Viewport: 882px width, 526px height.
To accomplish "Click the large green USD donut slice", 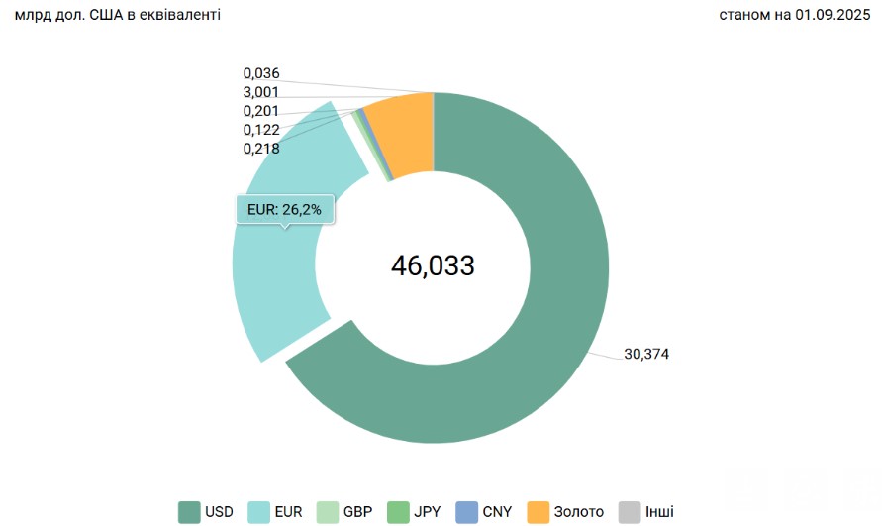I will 554,327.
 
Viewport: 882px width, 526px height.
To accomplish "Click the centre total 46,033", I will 433,265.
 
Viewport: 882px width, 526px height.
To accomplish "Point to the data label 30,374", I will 646,354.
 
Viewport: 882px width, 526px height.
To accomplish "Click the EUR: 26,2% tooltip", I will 285,209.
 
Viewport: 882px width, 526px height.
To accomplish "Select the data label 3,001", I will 261,92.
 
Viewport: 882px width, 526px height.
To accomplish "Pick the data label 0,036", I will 261,73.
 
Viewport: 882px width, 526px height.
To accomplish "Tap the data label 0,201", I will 261,111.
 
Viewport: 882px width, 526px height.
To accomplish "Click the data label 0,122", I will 261,130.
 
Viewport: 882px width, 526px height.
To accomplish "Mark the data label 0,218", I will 261,149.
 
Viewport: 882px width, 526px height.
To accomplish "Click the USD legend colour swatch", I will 189,512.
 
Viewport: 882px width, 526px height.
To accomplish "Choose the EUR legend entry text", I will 289,512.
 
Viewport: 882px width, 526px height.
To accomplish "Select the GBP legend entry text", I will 358,512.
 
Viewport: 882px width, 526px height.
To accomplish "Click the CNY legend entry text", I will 497,512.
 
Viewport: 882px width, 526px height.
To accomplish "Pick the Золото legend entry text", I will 580,512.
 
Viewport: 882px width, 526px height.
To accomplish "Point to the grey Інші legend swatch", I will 630,512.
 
